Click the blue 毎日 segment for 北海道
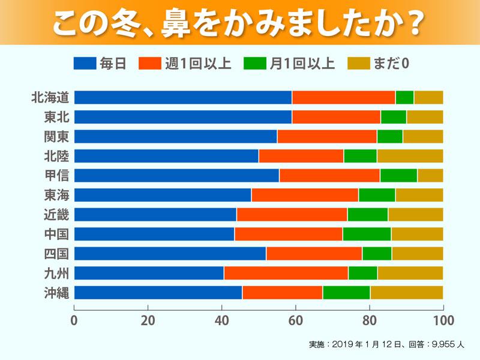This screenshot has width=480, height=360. [183, 97]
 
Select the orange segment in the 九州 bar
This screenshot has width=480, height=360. [286, 273]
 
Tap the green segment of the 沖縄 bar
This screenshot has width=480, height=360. [346, 292]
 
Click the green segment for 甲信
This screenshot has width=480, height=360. [398, 175]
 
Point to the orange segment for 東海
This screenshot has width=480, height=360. [305, 195]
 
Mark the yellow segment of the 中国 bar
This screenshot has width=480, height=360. [417, 234]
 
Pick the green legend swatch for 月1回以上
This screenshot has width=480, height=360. [255, 63]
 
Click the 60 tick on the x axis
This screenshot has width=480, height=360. [296, 320]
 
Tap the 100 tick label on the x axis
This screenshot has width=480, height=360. [442, 320]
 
